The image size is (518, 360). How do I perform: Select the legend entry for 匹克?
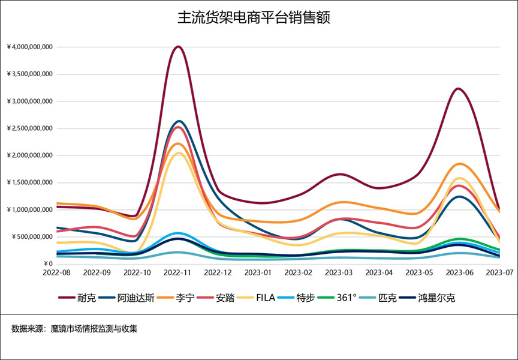(387, 298)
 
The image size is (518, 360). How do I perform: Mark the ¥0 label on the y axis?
(49, 264)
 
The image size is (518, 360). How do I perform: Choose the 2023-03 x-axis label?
(338, 272)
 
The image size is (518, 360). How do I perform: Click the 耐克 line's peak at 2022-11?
(177, 46)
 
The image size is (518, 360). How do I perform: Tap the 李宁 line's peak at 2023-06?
(459, 164)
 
